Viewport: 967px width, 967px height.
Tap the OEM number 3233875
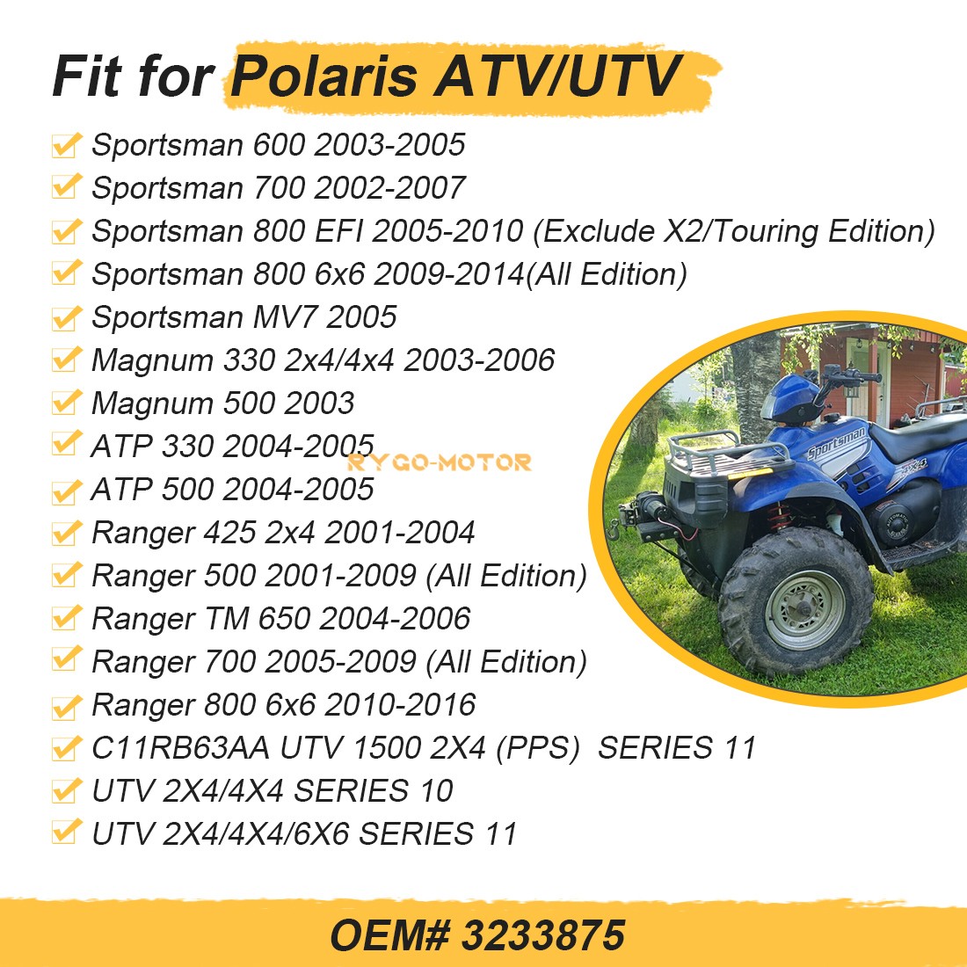click(x=543, y=935)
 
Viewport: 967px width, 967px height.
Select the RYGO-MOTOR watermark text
click(x=439, y=462)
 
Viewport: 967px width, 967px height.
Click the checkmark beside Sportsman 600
click(x=66, y=145)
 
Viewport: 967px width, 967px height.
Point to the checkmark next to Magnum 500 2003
click(x=66, y=403)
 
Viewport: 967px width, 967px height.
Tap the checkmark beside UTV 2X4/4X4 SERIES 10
click(x=66, y=790)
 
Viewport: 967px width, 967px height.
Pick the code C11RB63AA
click(x=181, y=748)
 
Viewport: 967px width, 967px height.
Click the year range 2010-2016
click(x=400, y=705)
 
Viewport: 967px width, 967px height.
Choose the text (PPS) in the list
click(x=538, y=748)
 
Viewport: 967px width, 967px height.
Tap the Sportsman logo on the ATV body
click(x=836, y=443)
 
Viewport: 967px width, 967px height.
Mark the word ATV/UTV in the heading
click(x=556, y=76)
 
